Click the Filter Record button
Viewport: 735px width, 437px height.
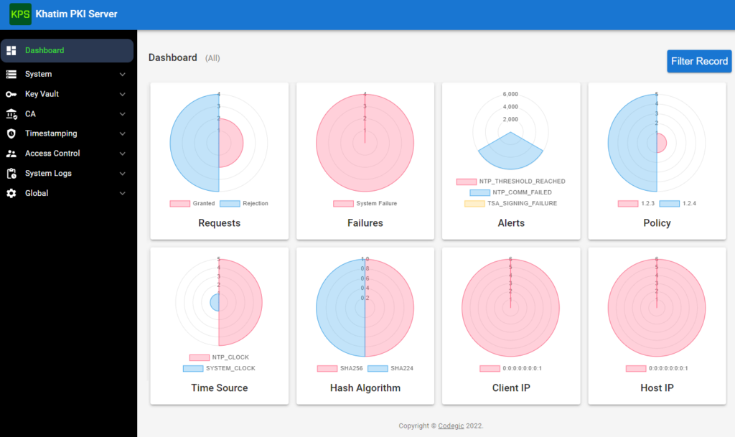698,61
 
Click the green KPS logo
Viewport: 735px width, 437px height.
20,14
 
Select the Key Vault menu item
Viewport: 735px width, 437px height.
42,94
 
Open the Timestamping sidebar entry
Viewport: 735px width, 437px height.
50,133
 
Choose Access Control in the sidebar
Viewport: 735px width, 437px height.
52,154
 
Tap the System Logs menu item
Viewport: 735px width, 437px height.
48,174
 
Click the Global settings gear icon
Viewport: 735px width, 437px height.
11,193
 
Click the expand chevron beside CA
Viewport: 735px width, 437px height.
122,114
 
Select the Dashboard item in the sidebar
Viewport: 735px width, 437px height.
45,50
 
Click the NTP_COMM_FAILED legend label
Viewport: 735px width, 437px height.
510,192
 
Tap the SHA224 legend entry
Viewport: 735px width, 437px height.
390,369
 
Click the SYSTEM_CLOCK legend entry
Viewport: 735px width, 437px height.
219,369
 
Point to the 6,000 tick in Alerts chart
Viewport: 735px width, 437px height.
510,94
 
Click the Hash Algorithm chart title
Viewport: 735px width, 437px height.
365,388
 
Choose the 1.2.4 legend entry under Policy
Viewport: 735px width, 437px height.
678,204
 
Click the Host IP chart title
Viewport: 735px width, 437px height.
657,388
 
